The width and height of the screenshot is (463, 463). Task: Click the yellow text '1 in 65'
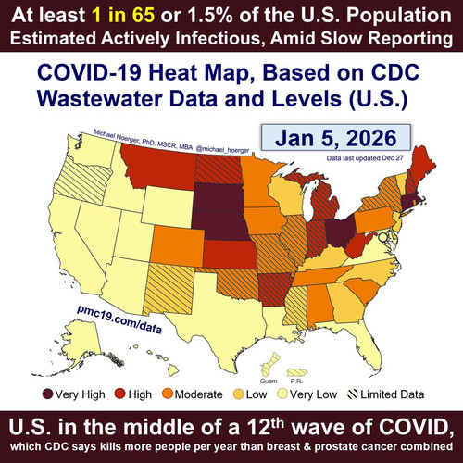(x=123, y=15)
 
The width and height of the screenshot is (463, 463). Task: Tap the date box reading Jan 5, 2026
(x=336, y=138)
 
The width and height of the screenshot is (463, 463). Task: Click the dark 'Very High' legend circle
(x=48, y=394)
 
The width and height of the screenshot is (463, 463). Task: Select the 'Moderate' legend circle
(x=168, y=394)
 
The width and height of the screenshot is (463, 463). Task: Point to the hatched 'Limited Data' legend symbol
(x=352, y=394)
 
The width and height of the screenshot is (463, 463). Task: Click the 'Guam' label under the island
(x=269, y=381)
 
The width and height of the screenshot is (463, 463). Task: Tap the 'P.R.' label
(x=296, y=382)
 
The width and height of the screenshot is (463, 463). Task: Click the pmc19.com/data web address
(x=119, y=319)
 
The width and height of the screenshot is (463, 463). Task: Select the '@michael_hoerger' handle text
(x=222, y=149)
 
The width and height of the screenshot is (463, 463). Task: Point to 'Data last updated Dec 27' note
(x=365, y=158)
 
